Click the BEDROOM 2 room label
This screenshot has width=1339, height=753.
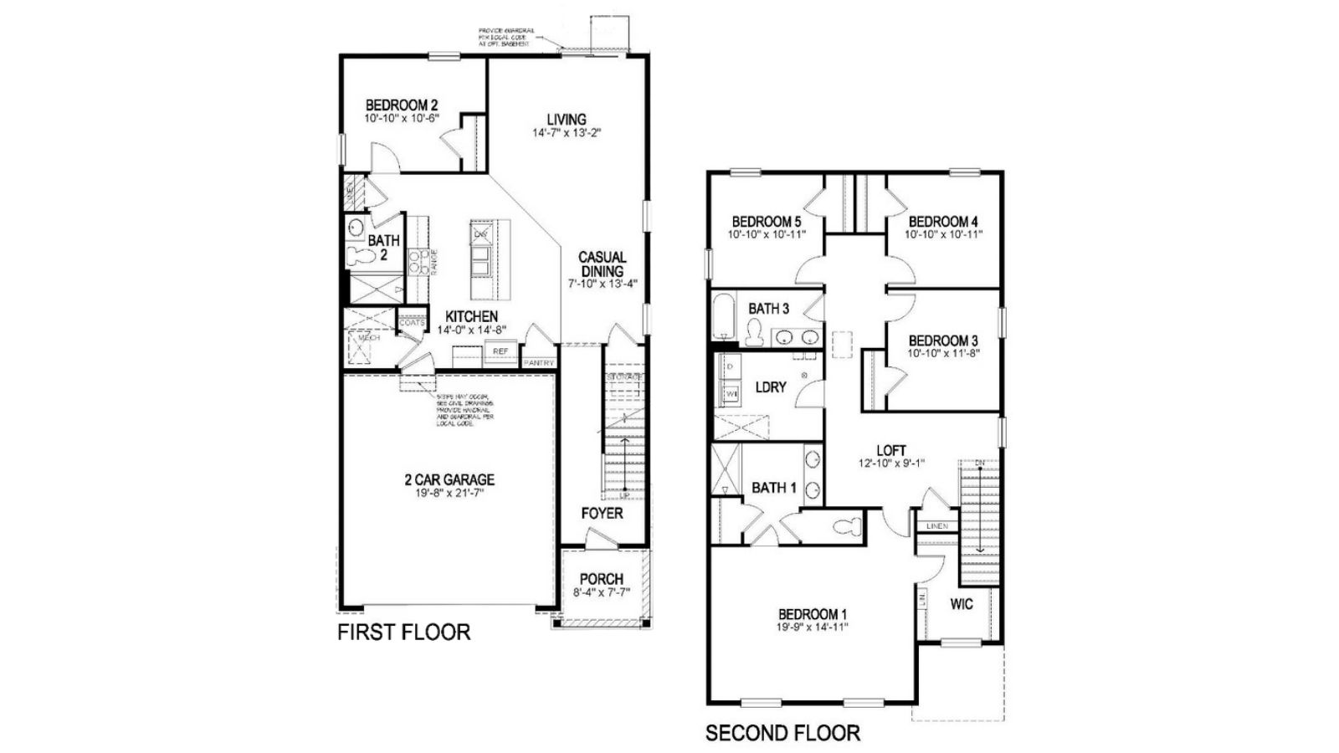(402, 105)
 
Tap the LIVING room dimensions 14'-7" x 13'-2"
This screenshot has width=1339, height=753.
(567, 133)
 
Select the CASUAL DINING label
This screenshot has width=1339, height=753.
(602, 264)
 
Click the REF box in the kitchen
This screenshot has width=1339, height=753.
(500, 351)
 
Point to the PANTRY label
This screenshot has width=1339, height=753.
(538, 363)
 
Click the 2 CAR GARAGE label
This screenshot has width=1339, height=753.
(449, 479)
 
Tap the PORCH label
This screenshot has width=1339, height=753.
(601, 579)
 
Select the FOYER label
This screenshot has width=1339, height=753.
(602, 513)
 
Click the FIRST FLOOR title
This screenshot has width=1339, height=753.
(403, 633)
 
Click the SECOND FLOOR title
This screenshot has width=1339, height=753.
(782, 734)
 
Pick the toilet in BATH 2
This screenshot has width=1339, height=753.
(357, 257)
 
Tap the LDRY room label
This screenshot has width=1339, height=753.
(770, 387)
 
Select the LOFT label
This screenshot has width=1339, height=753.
(890, 450)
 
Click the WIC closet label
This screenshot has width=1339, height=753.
(962, 604)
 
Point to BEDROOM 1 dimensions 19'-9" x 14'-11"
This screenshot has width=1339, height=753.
(813, 627)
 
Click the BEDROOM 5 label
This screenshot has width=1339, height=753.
(766, 222)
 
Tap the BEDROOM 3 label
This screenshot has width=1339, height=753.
(943, 341)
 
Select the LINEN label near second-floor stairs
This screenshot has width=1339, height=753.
(937, 526)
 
